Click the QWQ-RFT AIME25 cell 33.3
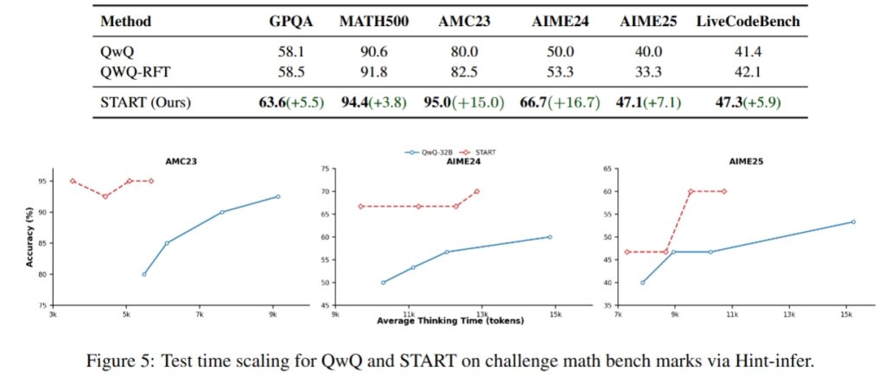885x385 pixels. pos(647,72)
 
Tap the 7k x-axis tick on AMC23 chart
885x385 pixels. pos(199,313)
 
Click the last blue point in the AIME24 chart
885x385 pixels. pos(550,237)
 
